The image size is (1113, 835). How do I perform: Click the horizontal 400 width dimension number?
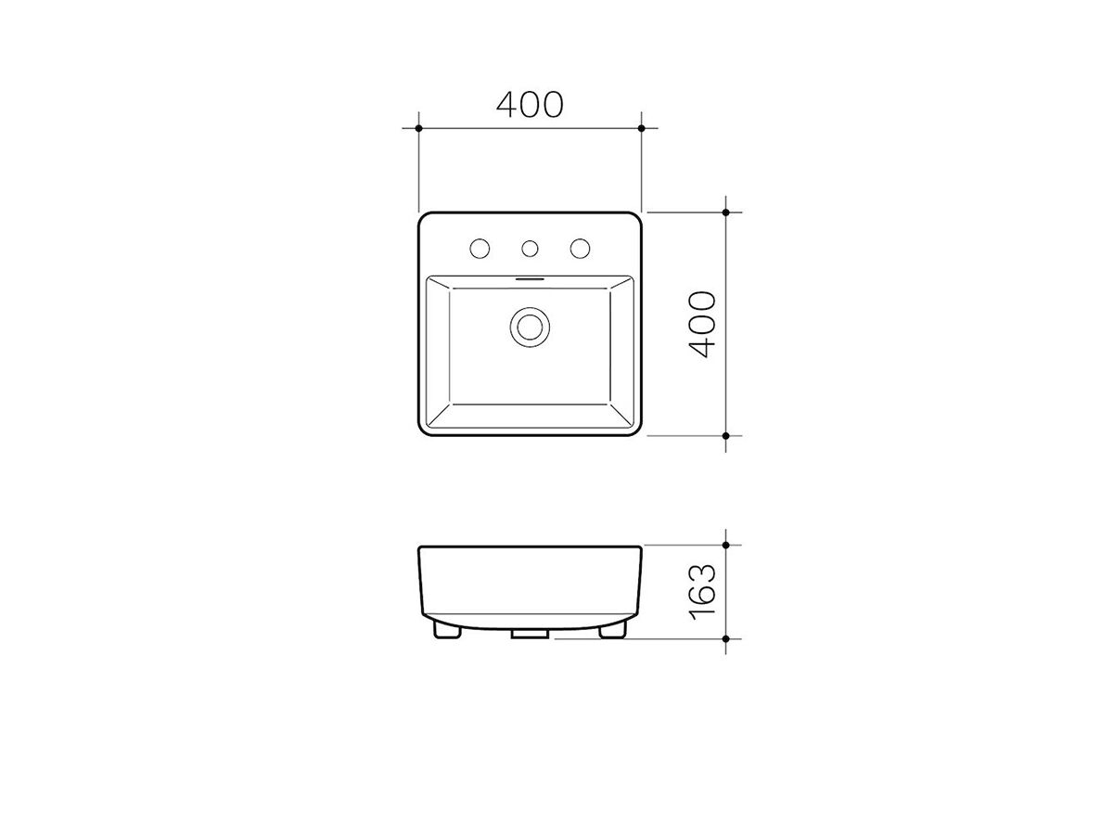tap(530, 104)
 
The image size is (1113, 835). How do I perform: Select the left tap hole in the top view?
tap(480, 248)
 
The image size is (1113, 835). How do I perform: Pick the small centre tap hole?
tap(531, 248)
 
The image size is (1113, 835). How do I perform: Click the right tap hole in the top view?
tap(581, 248)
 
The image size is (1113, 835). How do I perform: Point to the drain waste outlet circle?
tap(530, 326)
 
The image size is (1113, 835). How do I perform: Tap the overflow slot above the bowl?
tap(530, 277)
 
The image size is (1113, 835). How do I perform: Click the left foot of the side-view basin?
tap(449, 631)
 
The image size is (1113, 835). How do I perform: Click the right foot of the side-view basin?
tap(612, 631)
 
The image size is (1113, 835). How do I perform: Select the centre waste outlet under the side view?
tap(530, 636)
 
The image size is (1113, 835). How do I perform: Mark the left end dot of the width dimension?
tap(419, 126)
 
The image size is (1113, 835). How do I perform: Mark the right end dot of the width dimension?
tap(642, 126)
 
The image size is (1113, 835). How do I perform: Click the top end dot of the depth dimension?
tap(726, 212)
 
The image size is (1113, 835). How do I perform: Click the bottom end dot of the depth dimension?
tap(726, 434)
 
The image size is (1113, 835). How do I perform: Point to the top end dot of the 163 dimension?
tap(726, 546)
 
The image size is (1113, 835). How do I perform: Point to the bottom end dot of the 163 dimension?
tap(726, 638)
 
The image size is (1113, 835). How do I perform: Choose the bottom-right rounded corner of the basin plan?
tap(635, 429)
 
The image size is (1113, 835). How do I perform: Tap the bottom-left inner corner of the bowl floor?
tap(450, 405)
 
